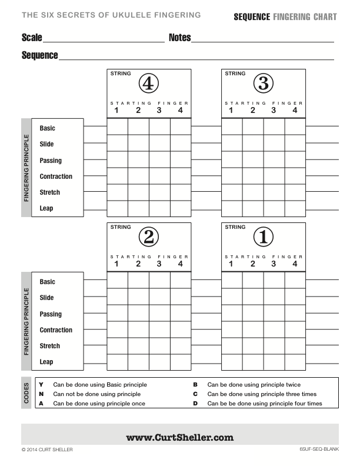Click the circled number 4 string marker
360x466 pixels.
(148, 84)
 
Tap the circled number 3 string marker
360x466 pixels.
(263, 84)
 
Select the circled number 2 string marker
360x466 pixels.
(148, 237)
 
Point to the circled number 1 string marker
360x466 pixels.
(263, 237)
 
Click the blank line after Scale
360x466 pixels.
(104, 41)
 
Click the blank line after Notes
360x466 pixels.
(262, 41)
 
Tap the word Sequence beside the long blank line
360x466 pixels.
(39, 55)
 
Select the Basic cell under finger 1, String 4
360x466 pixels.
(117, 127)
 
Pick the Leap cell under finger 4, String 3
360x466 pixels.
(295, 208)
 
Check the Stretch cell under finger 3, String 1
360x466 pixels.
(274, 345)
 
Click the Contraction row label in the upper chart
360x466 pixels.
(56, 177)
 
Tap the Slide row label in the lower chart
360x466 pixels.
(46, 298)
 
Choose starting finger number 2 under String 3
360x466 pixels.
(253, 111)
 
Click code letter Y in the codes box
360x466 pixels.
(41, 385)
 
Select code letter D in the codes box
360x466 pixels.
(195, 404)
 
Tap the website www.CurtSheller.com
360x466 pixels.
(180, 437)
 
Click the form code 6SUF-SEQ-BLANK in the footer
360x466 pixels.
(318, 450)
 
